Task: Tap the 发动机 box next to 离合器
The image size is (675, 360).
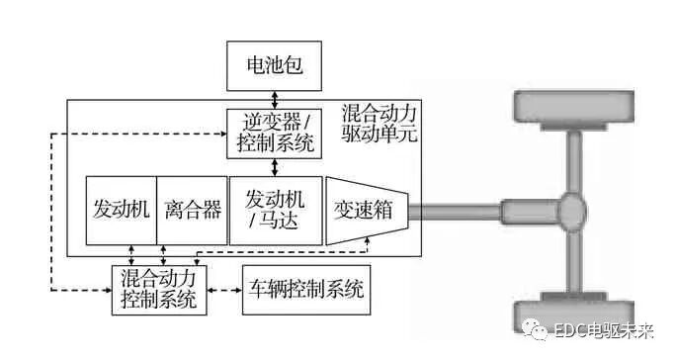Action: coord(121,210)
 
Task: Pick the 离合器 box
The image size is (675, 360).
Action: coord(192,210)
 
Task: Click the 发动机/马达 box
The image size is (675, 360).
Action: coord(276,210)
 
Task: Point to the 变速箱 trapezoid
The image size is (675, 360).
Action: coord(366,210)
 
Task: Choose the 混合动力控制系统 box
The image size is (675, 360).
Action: coord(159,289)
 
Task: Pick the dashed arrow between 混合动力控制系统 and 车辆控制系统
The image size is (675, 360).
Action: coord(224,290)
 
